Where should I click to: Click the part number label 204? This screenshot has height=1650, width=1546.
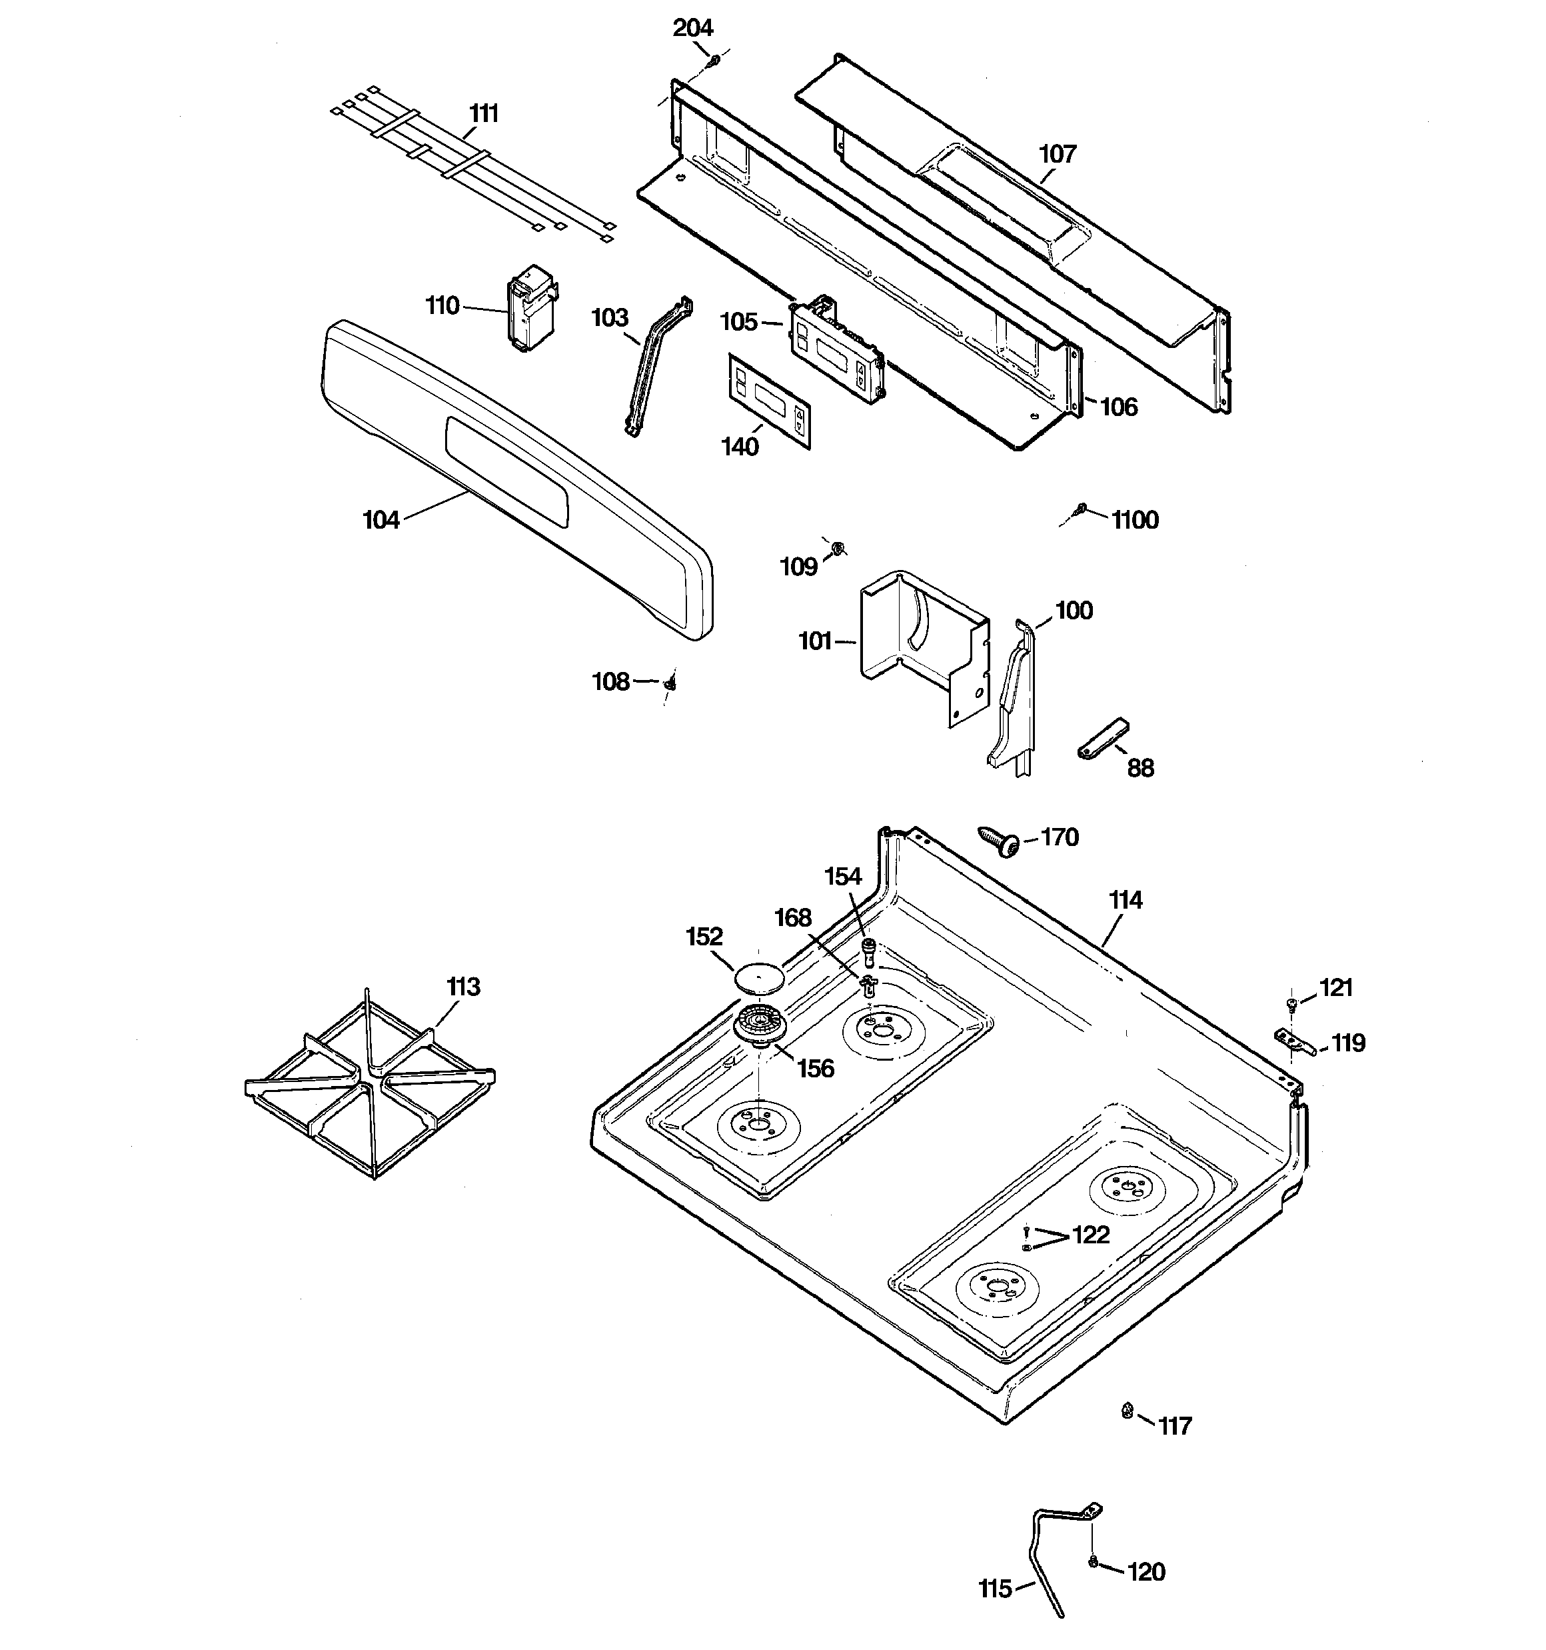point(692,28)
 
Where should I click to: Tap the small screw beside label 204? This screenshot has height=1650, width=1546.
point(713,60)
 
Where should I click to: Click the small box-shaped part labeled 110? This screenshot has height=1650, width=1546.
point(530,308)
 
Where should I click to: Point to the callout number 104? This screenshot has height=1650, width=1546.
point(381,521)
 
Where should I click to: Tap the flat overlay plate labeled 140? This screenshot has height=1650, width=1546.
point(768,401)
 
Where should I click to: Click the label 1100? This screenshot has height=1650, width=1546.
point(1134,521)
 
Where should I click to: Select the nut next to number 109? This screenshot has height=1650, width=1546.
point(838,548)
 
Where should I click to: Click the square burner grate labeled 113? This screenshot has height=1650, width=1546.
point(370,1083)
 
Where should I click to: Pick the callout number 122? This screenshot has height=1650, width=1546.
point(1090,1235)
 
